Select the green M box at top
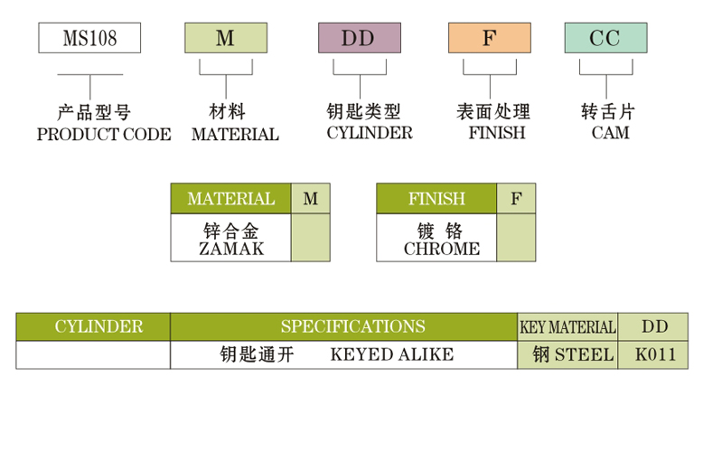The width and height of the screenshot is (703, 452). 225,39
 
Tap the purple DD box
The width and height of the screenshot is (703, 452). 359,39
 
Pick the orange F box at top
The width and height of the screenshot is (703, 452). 489,39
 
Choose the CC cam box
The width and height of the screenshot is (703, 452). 605,39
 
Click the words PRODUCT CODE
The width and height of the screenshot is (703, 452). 103,135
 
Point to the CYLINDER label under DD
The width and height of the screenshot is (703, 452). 369,133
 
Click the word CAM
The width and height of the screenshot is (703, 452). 610,133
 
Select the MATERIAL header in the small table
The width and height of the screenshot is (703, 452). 230,199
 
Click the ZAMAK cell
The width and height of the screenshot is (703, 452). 230,239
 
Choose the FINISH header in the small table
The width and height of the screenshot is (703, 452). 436,199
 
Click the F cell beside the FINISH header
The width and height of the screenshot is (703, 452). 516,199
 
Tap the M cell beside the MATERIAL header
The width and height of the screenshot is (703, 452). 310,199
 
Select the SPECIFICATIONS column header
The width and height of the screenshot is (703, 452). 351,326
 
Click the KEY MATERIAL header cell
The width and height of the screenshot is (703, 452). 567,327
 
